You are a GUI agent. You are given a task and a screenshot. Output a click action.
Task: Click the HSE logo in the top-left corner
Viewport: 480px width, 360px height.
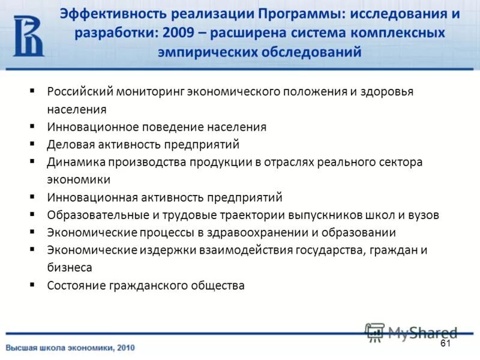point(29,36)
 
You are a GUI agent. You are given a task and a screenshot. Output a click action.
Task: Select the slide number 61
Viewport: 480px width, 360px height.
point(445,343)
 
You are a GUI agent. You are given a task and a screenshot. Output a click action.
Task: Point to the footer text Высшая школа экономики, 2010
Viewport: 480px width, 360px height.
point(71,347)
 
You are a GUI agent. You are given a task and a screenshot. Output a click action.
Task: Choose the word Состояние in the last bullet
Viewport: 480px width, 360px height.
point(74,285)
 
